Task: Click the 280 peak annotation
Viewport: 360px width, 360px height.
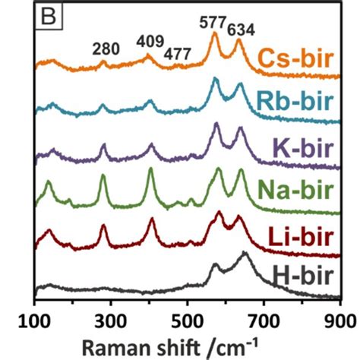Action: (106, 49)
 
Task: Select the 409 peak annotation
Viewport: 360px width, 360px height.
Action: (151, 40)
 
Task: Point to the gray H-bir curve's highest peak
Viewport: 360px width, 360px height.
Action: (245, 254)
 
